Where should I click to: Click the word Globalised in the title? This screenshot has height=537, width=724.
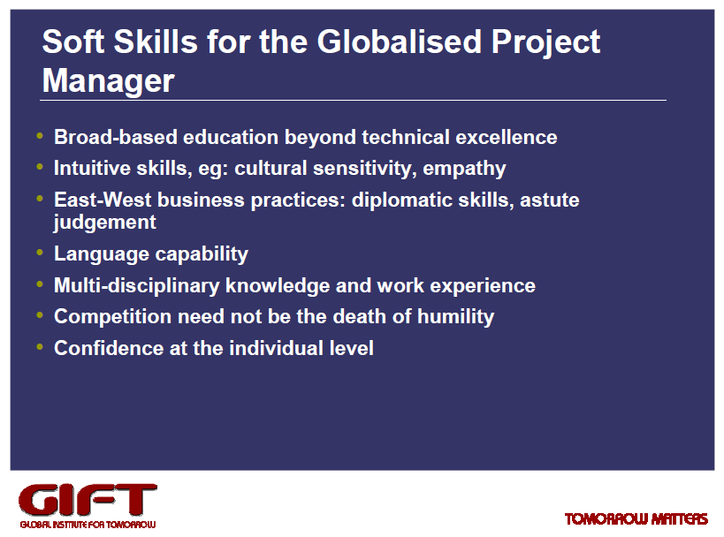[x=400, y=42]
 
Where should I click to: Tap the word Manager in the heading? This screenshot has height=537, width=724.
[x=109, y=81]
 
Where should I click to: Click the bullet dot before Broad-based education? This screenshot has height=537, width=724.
[x=40, y=136]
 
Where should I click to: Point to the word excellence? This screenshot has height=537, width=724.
[x=507, y=138]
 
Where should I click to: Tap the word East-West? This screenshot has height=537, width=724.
[x=103, y=200]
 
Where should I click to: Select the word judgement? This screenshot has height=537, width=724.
[x=105, y=223]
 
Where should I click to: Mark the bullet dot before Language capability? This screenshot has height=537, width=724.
[x=40, y=253]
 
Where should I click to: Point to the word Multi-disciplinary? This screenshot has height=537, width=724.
[x=137, y=286]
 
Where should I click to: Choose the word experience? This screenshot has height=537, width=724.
[x=483, y=286]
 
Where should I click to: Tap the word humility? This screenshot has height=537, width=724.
[x=456, y=317]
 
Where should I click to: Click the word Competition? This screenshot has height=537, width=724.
[x=112, y=317]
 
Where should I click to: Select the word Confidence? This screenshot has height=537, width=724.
[x=109, y=348]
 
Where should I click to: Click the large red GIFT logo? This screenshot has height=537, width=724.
[x=88, y=500]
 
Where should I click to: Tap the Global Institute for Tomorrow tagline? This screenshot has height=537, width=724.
[x=88, y=525]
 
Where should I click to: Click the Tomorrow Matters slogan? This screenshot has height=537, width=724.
[x=636, y=519]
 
